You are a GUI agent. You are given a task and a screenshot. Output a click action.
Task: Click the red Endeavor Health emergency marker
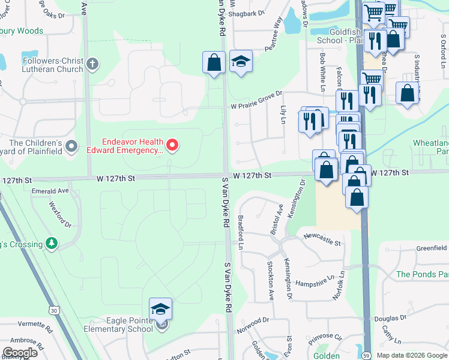pyautogui.click(x=172, y=145)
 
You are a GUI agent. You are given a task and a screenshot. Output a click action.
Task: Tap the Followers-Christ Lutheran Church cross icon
pyautogui.click(x=92, y=63)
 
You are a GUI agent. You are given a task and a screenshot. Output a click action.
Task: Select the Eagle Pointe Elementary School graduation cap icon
pyautogui.click(x=160, y=310)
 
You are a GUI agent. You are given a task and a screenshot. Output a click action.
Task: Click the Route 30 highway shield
pyautogui.click(x=55, y=310)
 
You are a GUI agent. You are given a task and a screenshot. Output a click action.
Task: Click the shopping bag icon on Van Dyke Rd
pyautogui.click(x=214, y=62)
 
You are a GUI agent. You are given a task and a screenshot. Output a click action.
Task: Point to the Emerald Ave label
pyautogui.click(x=52, y=191)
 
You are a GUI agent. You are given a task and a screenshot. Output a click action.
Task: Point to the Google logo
pyautogui.click(x=20, y=352)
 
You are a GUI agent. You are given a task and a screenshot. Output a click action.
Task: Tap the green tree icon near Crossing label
pyautogui.click(x=53, y=243)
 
